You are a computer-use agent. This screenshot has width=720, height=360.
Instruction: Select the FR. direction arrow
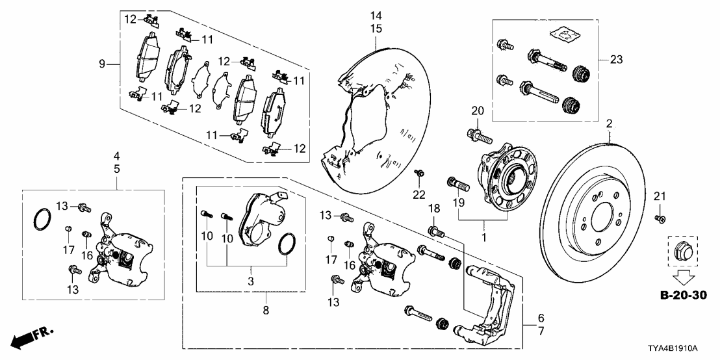pyautogui.click(x=32, y=338)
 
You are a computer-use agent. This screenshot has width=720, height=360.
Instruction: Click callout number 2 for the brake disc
pyautogui.click(x=609, y=123)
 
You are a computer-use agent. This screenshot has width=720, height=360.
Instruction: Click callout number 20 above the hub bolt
pyautogui.click(x=474, y=110)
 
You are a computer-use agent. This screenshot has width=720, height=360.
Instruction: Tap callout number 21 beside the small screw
pyautogui.click(x=661, y=196)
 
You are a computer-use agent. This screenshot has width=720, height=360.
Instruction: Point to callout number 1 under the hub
pyautogui.click(x=483, y=238)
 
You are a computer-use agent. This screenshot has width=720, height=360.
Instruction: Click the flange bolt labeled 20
pyautogui.click(x=473, y=136)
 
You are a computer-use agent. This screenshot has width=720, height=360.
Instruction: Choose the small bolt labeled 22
pyautogui.click(x=419, y=174)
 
